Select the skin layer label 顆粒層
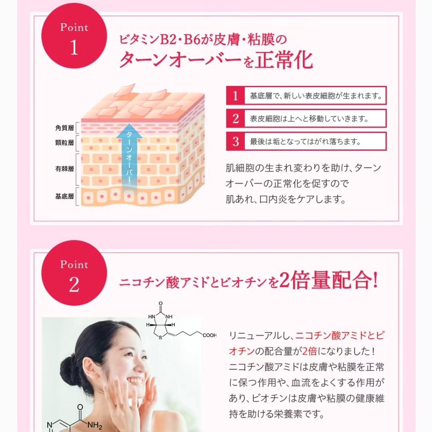[x=64, y=143]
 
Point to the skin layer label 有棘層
[x=64, y=168]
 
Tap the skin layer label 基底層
[x=64, y=196]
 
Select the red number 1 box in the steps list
[x=236, y=96]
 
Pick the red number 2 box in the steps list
[x=236, y=119]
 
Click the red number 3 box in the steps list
[x=236, y=142]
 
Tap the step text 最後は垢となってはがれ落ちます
[x=306, y=142]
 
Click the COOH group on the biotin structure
[x=209, y=335]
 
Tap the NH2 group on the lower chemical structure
[x=94, y=425]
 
